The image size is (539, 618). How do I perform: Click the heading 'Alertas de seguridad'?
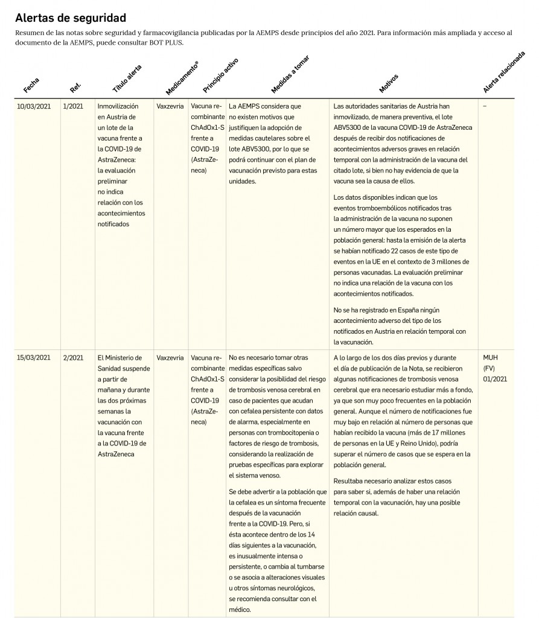pos(70,18)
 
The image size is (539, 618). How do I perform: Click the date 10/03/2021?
pos(33,106)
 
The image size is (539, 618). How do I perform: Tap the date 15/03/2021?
pos(33,358)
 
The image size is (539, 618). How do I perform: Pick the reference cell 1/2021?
pos(73,106)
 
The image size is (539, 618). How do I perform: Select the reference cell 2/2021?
pos(73,358)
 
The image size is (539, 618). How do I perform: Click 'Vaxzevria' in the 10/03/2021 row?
pos(170,106)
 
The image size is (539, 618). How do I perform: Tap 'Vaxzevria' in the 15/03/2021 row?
pos(170,358)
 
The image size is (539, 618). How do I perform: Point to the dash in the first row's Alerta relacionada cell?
pos(485,106)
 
